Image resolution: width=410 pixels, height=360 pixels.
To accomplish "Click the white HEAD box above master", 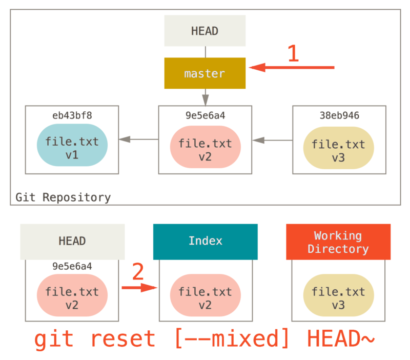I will coord(204,31).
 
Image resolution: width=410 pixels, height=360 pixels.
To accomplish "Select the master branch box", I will coord(204,73).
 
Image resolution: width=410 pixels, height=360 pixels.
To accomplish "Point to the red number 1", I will coord(293,53).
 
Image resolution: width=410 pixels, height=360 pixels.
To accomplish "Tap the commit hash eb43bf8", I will coord(72,115).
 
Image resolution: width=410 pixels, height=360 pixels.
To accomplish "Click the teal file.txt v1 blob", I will coord(72,147).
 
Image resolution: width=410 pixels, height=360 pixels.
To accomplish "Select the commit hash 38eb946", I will coord(339,115).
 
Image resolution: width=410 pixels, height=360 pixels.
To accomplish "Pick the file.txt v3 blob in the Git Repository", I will coord(338,150).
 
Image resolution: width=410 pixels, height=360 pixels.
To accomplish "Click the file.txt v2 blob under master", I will coord(205,150).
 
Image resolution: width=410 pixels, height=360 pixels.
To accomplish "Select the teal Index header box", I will coord(205,241).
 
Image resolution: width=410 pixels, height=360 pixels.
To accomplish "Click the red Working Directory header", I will coord(338,242).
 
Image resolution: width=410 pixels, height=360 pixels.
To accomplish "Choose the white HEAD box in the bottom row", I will coord(72,241).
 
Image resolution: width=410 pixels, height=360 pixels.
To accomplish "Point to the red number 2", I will coord(138,272).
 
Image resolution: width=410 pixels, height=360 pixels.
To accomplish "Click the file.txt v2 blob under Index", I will coord(205,298).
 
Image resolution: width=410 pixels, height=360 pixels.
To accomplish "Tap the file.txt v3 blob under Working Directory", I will coord(338,298).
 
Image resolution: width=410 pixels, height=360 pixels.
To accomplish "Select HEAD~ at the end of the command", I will coord(341,339).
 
